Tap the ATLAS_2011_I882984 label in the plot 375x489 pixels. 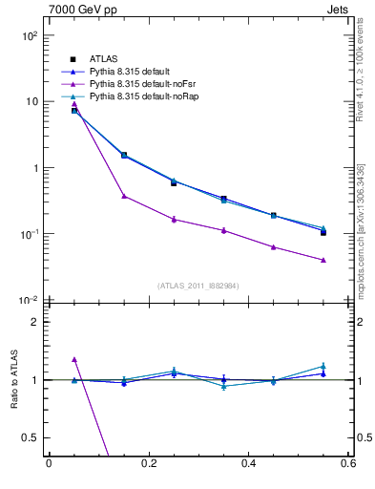[198, 285]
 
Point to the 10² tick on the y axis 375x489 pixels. [29, 35]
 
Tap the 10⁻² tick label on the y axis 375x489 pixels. [29, 301]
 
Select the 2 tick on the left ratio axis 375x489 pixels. [33, 322]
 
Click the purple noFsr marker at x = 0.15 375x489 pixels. [124, 196]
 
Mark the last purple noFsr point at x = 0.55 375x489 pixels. [323, 260]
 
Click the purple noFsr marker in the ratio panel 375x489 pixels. [74, 359]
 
